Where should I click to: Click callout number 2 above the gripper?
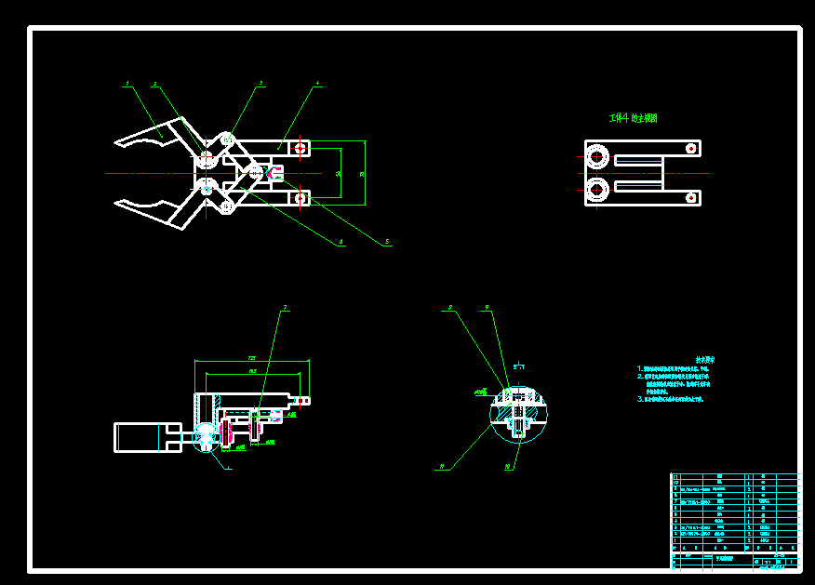(x=155, y=84)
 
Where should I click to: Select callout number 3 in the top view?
(x=261, y=83)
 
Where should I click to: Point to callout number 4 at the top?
(x=317, y=83)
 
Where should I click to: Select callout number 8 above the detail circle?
(x=449, y=307)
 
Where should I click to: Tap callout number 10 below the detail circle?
(x=508, y=467)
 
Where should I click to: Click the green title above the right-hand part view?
(x=633, y=118)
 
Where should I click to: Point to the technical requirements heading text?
(x=705, y=359)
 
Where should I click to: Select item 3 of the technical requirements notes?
(x=671, y=399)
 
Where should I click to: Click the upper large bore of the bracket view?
(x=596, y=156)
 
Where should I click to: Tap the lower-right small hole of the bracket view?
(x=689, y=197)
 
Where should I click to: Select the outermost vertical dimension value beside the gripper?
(x=362, y=173)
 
